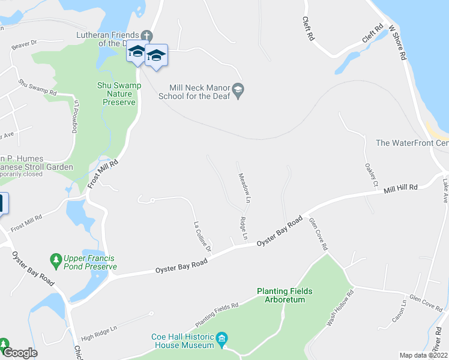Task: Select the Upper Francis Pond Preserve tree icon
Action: point(56,259)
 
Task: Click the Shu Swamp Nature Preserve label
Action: point(119,94)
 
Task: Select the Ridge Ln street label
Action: point(244,228)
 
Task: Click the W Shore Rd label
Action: point(397,43)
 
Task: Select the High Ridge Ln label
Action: point(98,334)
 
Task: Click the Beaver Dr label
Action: point(24,44)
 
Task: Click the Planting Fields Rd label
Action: point(217,311)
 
